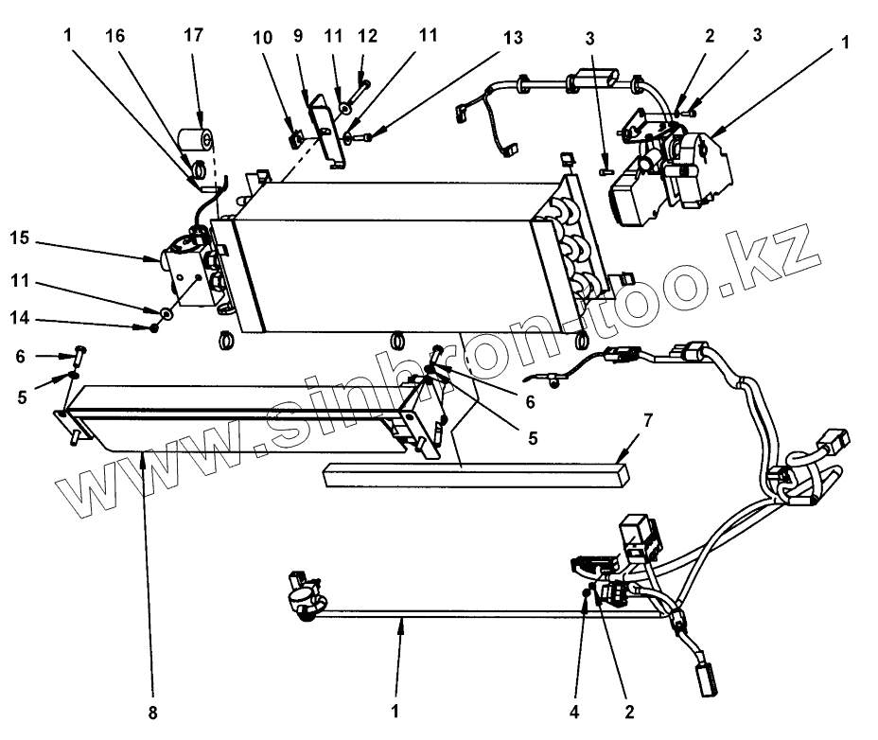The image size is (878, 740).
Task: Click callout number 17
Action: click(194, 37)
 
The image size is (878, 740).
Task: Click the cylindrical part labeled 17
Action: click(197, 142)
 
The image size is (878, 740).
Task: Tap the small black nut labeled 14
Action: click(153, 327)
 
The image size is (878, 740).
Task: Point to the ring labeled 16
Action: click(201, 170)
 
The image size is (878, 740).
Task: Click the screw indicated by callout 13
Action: click(362, 139)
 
